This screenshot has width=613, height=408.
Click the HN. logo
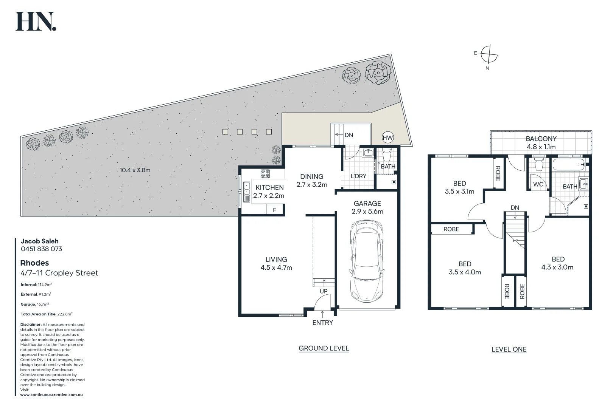[36, 22]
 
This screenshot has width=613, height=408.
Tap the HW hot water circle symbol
[387, 138]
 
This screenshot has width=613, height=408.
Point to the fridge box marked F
[275, 210]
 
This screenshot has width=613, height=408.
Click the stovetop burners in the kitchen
[265, 174]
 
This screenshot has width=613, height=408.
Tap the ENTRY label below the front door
[322, 323]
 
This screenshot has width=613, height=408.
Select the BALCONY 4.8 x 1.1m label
[541, 143]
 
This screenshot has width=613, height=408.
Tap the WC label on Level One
[538, 184]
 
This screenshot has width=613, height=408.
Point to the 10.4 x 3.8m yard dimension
[135, 170]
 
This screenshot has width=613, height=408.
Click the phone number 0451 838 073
[41, 249]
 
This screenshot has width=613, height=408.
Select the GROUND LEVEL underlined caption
[324, 348]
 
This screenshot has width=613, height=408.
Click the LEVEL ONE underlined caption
[509, 349]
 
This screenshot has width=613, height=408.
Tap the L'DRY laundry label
[358, 176]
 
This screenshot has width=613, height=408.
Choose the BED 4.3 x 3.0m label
[557, 263]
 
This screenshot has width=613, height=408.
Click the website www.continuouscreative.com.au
[51, 395]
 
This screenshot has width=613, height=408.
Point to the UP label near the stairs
[324, 291]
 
